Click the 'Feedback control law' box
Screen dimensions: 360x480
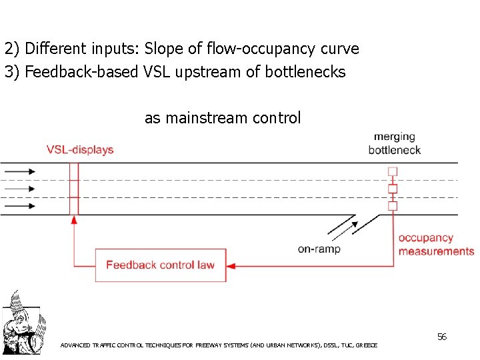pyautogui.click(x=160, y=265)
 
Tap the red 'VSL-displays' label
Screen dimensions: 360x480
pyautogui.click(x=80, y=150)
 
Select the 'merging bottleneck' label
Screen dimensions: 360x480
pyautogui.click(x=394, y=143)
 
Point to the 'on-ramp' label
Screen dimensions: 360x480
pyautogui.click(x=319, y=249)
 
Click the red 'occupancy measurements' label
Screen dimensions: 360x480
pyautogui.click(x=436, y=245)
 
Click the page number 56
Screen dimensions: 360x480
pyautogui.click(x=441, y=337)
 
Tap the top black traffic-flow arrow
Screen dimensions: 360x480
pyautogui.click(x=20, y=171)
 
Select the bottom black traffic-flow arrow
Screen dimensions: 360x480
pyautogui.click(x=20, y=206)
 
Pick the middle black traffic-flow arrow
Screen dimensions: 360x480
pyautogui.click(x=20, y=189)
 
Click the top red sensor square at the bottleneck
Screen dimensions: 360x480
pyautogui.click(x=393, y=171)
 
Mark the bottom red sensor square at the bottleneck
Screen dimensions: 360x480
pyautogui.click(x=393, y=206)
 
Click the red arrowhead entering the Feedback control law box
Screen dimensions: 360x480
pyautogui.click(x=231, y=265)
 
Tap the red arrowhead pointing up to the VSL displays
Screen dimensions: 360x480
pyautogui.click(x=73, y=219)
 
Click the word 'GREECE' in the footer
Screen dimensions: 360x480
pyautogui.click(x=367, y=345)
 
